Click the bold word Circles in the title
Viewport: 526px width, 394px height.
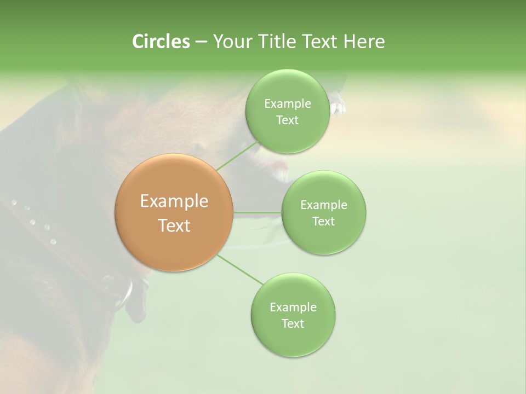161,42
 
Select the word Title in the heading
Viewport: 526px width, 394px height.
277,42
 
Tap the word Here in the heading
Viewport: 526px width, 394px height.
364,42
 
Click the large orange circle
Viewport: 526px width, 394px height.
174,212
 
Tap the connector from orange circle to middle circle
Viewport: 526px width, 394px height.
258,212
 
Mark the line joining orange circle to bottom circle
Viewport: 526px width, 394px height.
239,269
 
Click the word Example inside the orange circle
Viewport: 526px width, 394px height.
174,201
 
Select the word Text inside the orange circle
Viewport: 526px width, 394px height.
174,225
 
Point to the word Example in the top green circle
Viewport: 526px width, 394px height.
287,104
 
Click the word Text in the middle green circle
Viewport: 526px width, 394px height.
323,222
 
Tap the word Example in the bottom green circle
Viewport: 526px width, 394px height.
293,308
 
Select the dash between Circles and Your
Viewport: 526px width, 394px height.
201,42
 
